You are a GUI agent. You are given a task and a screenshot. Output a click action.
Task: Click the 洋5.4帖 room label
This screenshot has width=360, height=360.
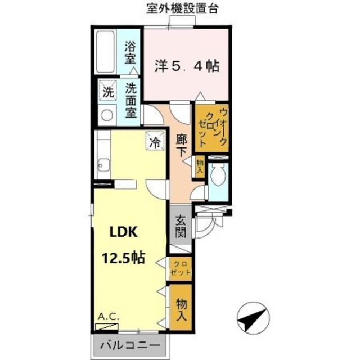tap(186, 65)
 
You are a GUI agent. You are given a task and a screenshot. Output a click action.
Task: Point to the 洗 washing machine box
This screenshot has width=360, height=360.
tap(106, 89)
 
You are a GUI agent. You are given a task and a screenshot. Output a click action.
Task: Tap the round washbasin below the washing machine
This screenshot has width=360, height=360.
tap(106, 115)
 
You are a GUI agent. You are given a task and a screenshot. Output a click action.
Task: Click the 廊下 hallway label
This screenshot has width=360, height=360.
tap(182, 145)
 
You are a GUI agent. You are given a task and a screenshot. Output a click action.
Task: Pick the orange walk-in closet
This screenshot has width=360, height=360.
tap(211, 128)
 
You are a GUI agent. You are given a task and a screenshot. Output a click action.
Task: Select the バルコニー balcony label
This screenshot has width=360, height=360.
tap(130, 344)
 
